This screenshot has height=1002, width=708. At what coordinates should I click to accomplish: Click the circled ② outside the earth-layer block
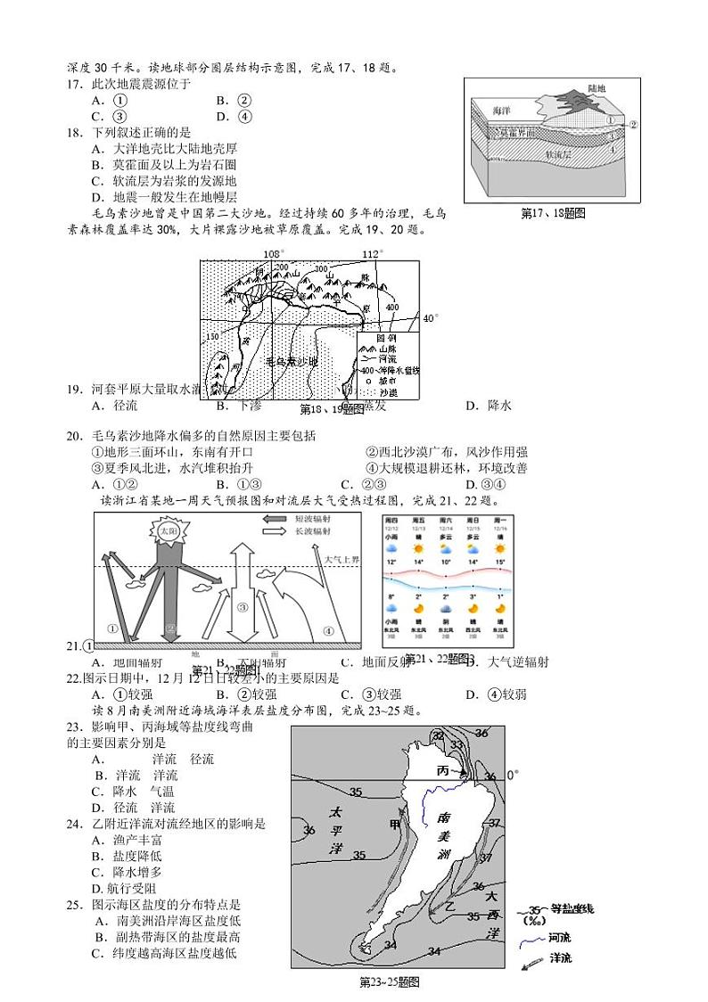(x=633, y=125)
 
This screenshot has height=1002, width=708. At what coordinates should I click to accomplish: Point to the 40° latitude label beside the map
(x=431, y=318)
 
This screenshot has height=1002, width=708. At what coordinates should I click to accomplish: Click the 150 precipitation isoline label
(x=211, y=336)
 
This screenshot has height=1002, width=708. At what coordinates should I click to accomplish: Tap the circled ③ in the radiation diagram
(x=242, y=607)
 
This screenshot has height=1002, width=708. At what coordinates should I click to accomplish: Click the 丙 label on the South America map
(x=443, y=769)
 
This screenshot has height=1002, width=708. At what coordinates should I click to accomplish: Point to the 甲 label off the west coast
(x=393, y=823)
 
